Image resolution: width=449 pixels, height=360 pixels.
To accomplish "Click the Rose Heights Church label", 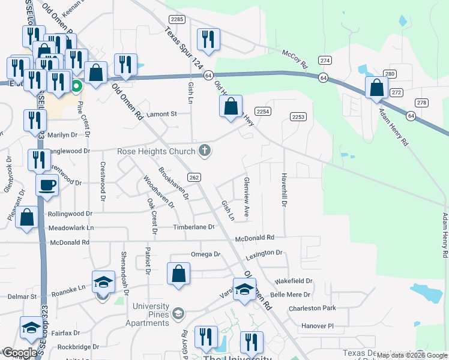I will coord(157,151).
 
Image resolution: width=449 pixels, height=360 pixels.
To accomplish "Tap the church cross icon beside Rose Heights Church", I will coord(205,150).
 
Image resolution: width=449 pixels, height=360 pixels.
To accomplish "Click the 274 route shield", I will coord(325,61).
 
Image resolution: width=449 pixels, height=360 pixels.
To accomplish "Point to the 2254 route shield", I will coord(262,112).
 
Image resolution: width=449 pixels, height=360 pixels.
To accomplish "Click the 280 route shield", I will coord(390,74).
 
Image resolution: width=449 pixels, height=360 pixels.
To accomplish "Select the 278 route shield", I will coord(421,103).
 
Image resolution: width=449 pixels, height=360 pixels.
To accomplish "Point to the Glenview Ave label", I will coord(246,197).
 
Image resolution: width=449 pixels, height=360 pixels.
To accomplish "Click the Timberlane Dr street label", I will coord(194,227).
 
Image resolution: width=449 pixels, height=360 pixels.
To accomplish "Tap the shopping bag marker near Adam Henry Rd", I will coord(376,88).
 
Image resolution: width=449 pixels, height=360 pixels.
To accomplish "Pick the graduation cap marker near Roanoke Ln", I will coord(103,281).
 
